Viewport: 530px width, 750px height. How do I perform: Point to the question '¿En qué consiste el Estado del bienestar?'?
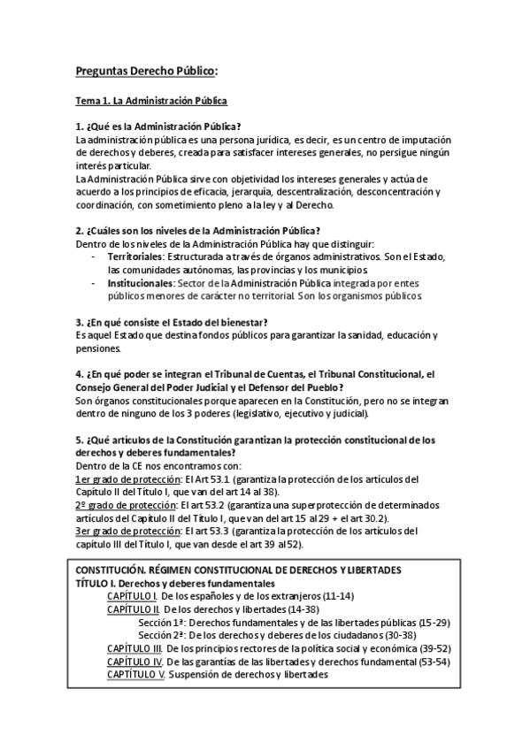click(173, 321)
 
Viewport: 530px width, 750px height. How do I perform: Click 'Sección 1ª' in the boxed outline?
click(163, 623)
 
